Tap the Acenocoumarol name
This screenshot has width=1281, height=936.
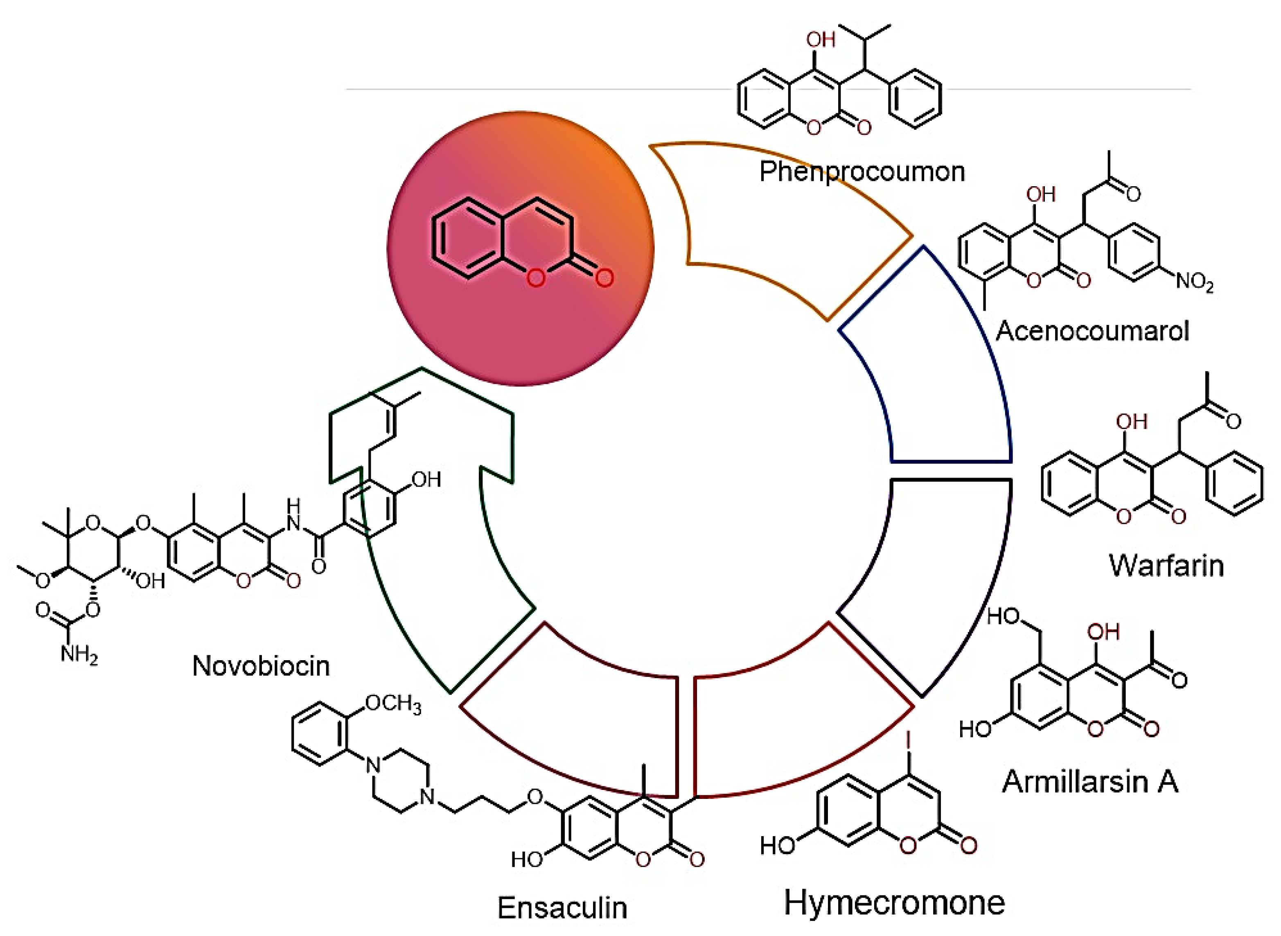1092,331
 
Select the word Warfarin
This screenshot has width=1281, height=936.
1166,566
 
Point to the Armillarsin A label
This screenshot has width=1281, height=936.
1090,782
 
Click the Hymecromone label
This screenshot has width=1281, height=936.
894,902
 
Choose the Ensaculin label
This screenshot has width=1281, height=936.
562,908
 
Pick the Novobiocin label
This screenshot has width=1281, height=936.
261,666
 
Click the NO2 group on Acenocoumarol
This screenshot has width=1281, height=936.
1194,282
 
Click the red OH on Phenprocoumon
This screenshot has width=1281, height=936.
821,40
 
